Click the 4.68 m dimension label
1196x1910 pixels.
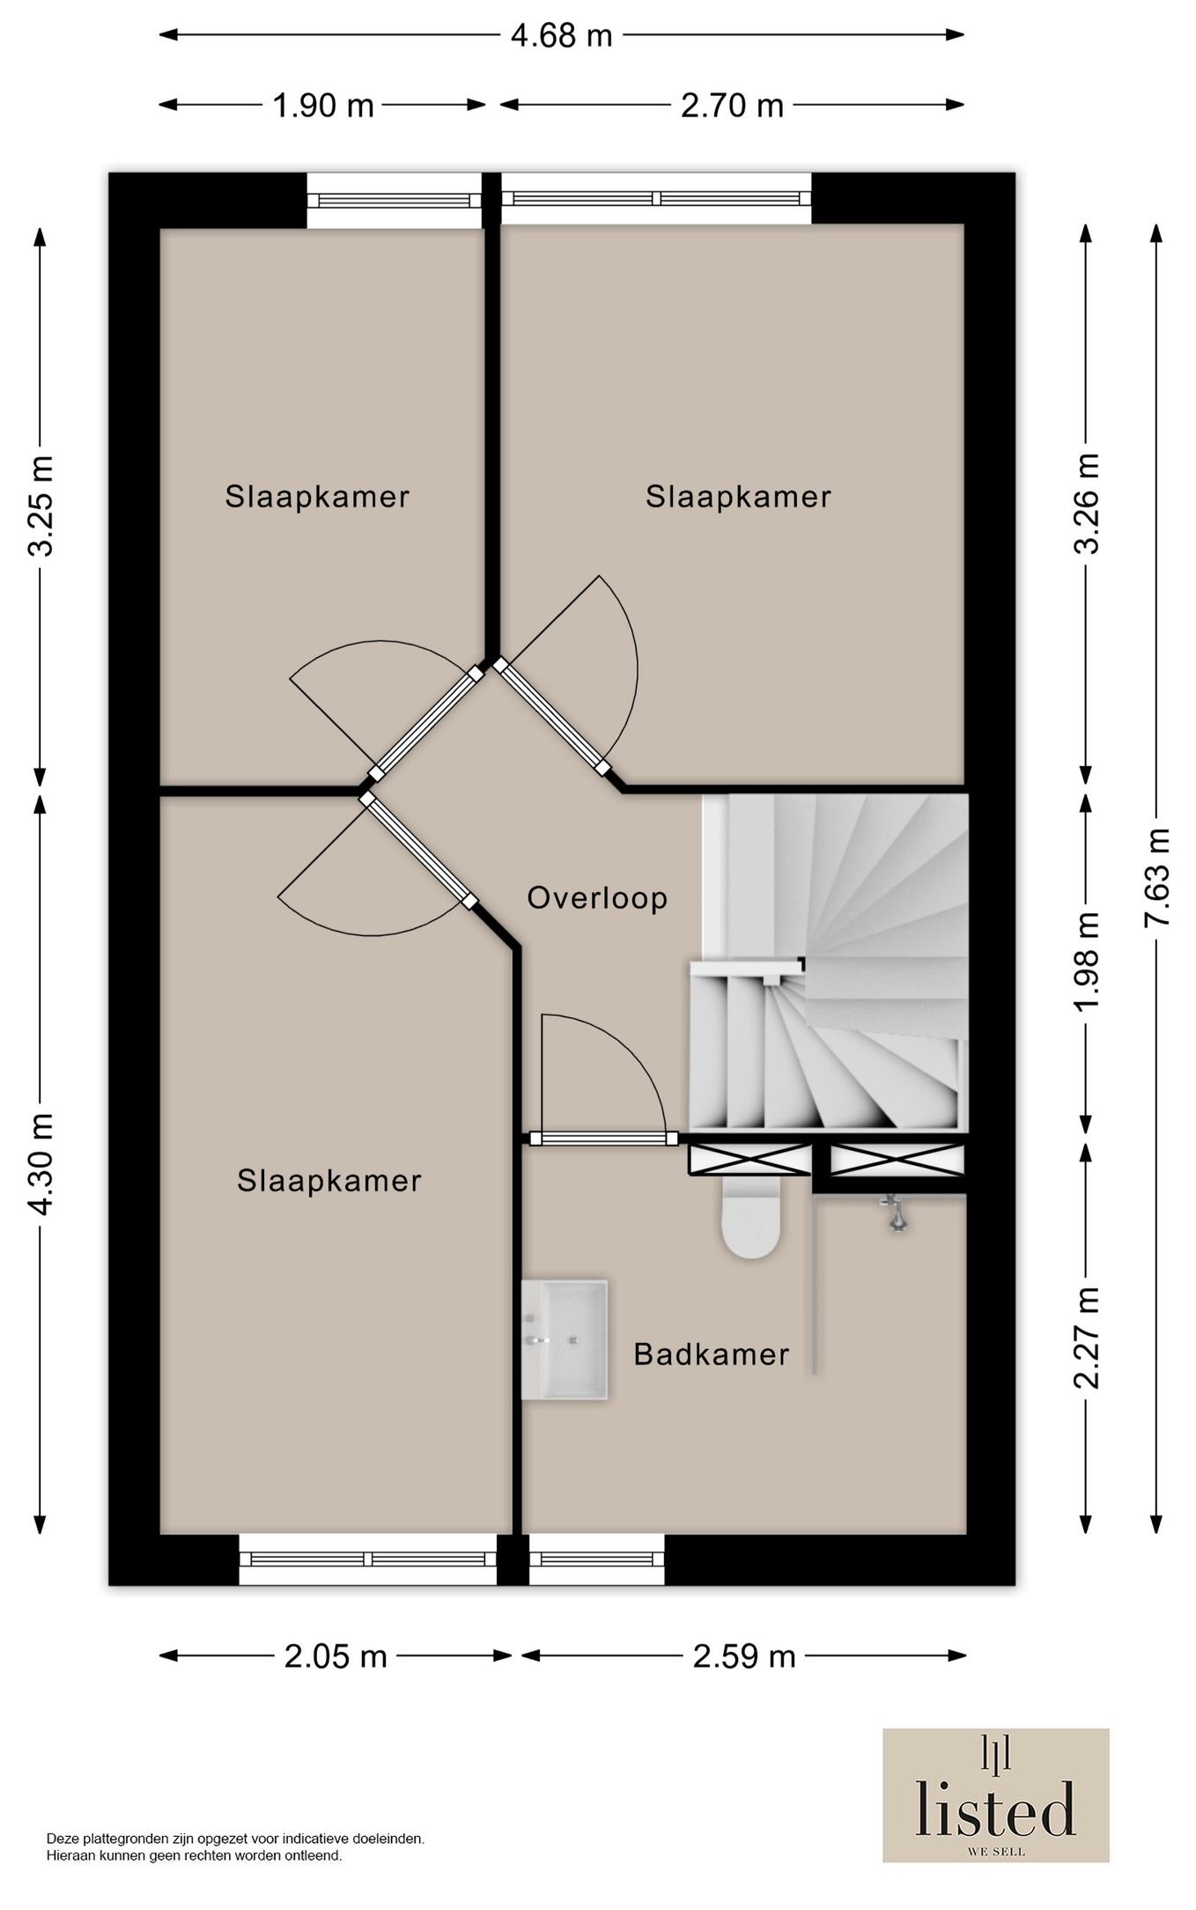click(561, 35)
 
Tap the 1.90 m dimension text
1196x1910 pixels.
click(323, 106)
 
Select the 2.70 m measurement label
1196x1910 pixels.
click(732, 106)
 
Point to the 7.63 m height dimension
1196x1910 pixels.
click(1156, 876)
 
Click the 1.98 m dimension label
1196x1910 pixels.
click(1089, 962)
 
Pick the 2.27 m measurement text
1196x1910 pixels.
click(1089, 1338)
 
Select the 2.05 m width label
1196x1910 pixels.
click(336, 1656)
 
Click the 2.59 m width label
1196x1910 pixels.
click(744, 1656)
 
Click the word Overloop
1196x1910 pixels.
click(597, 898)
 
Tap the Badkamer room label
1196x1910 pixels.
click(712, 1353)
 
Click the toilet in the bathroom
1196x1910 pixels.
click(751, 1216)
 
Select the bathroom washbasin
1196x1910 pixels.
click(565, 1339)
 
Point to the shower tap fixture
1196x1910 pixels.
click(896, 1213)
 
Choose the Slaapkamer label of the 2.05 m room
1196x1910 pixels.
click(329, 1181)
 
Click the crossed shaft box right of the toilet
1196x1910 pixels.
click(897, 1160)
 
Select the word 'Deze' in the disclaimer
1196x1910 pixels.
click(62, 1839)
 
